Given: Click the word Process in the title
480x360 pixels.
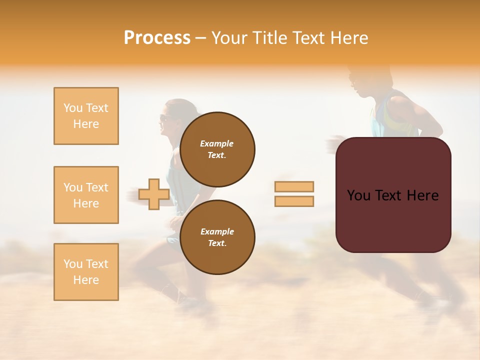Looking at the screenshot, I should pyautogui.click(x=157, y=38).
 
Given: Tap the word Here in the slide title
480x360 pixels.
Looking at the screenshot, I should pyautogui.click(x=347, y=38).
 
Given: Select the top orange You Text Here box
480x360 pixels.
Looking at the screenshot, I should pyautogui.click(x=86, y=116).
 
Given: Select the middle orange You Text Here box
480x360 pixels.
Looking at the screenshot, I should pyautogui.click(x=86, y=195).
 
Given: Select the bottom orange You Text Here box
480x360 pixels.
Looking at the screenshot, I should pyautogui.click(x=86, y=272).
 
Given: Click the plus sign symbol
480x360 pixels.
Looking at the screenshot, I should pyautogui.click(x=154, y=194).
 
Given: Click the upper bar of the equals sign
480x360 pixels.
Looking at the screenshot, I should pyautogui.click(x=294, y=186).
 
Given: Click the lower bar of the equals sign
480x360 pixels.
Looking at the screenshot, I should pyautogui.click(x=294, y=201).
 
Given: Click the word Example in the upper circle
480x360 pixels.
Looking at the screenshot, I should pyautogui.click(x=217, y=143).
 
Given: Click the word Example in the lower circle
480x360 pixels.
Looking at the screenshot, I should pyautogui.click(x=217, y=231).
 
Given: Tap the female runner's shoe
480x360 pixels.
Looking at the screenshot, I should pyautogui.click(x=190, y=301).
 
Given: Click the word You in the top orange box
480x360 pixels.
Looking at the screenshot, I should pyautogui.click(x=73, y=108).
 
